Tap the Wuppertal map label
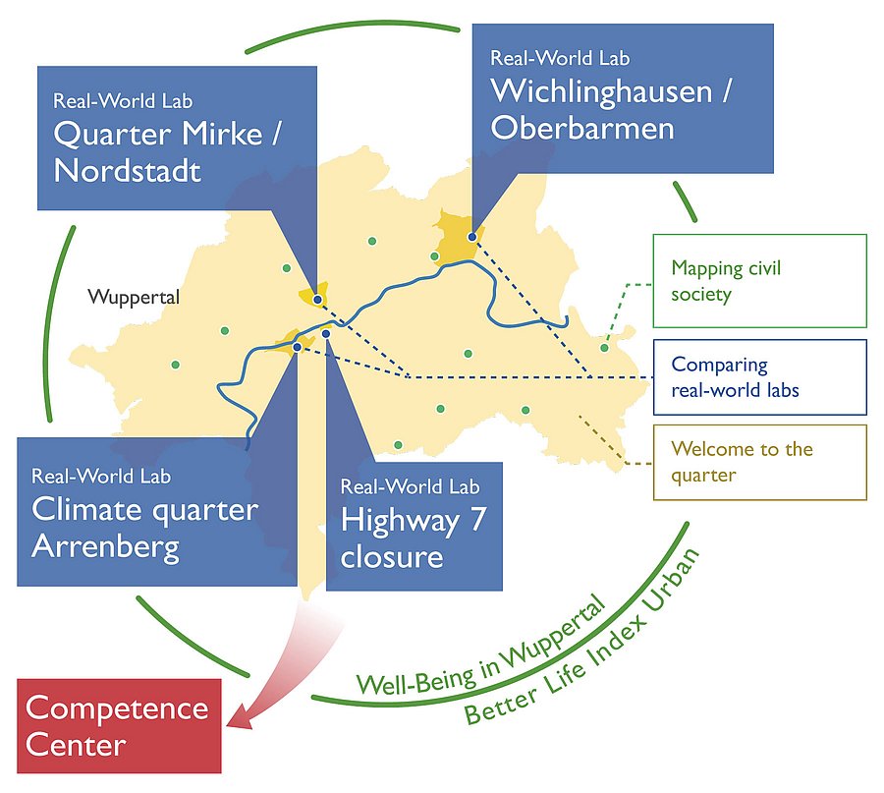tap(134, 297)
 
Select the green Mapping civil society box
tap(759, 280)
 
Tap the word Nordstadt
tap(127, 171)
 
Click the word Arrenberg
tap(105, 547)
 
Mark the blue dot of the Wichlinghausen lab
tap(471, 237)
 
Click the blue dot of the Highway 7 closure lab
tap(326, 334)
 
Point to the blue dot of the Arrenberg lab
tap(297, 346)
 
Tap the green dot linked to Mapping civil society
tap(605, 347)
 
